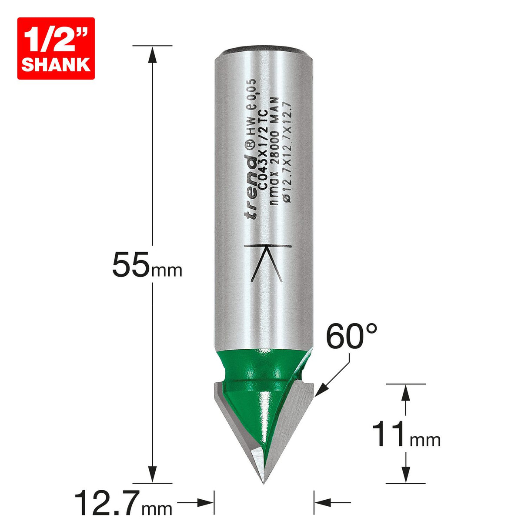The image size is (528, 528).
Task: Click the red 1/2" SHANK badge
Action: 56,48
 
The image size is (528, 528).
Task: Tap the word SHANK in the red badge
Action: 56,64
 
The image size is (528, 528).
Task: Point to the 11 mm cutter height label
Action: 406,435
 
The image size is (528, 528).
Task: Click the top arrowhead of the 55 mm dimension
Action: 152,54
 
